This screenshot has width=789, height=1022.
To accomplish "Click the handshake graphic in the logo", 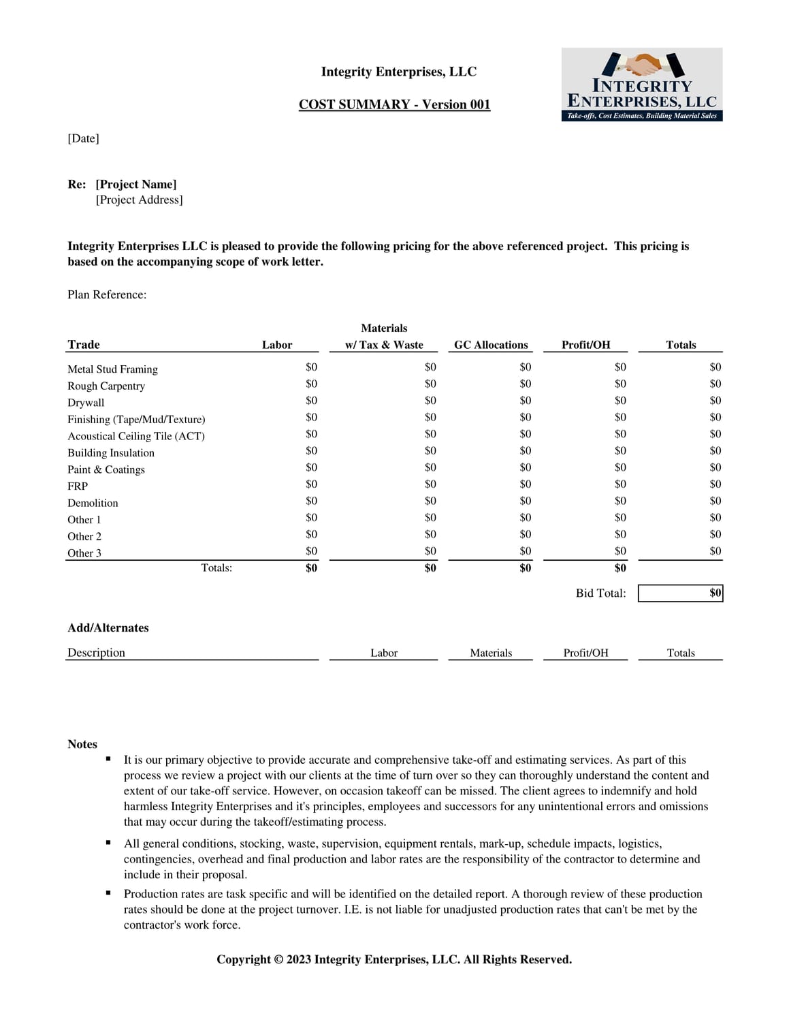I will (x=643, y=65).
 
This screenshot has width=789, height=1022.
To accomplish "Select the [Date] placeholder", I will (x=83, y=138).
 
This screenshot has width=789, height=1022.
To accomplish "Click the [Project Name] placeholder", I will (x=136, y=184).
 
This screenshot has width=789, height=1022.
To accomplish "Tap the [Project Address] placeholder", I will (x=139, y=200).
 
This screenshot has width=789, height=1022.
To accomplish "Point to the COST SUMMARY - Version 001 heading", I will (x=394, y=104).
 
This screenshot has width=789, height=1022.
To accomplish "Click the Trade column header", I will (x=84, y=344).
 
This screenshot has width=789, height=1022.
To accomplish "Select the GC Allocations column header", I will (x=491, y=345).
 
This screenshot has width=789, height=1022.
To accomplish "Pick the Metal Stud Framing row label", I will (x=112, y=369).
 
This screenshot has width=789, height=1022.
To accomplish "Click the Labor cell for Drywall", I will (x=311, y=401).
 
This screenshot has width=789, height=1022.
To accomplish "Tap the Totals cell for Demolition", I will (x=715, y=501).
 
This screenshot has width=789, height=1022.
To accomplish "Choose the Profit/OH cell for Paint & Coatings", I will (x=620, y=467).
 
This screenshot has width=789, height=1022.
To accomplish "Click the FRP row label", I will (x=78, y=486).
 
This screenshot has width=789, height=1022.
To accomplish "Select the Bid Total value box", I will (x=680, y=593).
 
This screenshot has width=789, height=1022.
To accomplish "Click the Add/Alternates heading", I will (x=108, y=628).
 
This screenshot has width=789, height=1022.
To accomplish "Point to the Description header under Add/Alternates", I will (x=96, y=652).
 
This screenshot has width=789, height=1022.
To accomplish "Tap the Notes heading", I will (x=82, y=744).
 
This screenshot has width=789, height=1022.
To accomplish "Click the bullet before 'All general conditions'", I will (x=108, y=843).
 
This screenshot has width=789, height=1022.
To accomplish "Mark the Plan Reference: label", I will (x=107, y=294).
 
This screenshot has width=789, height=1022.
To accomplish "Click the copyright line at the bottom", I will (x=394, y=959).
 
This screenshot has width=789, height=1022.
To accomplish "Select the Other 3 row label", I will (x=84, y=553).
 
